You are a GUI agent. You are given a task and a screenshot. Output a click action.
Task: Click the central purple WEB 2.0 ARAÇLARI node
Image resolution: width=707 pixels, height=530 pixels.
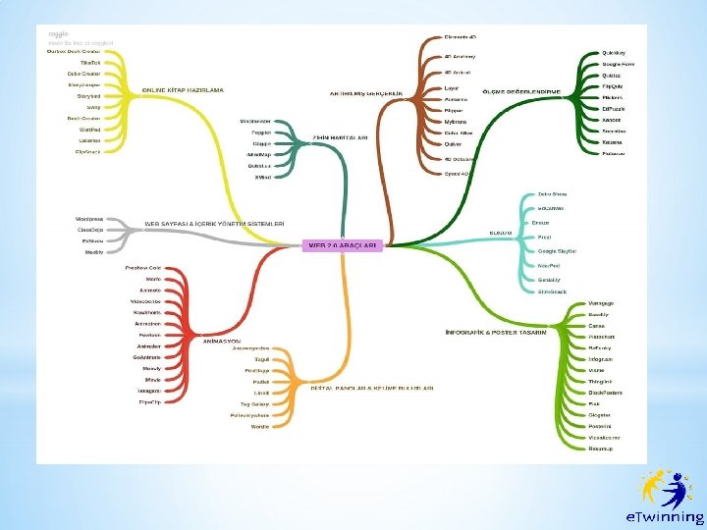coord(343,245)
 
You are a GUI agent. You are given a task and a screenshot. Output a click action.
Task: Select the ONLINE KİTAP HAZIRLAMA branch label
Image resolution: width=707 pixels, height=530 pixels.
coord(183,89)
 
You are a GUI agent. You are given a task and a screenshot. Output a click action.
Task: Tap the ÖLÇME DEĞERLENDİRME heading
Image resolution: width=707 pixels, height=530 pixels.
coord(521,91)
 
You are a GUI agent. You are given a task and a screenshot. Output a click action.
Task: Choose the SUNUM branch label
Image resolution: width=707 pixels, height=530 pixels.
coord(501,233)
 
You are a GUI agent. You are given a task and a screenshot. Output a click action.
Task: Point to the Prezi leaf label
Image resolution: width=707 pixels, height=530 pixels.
coord(543,237)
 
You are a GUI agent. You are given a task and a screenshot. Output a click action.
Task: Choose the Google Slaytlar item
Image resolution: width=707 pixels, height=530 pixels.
coord(557,251)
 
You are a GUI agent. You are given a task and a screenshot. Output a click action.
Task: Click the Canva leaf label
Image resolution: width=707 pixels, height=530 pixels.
coord(596,326)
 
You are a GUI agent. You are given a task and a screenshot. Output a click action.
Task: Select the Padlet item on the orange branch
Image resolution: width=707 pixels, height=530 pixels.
coord(261,382)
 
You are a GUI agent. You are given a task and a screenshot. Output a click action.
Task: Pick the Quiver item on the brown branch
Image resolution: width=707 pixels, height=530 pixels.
coord(454,143)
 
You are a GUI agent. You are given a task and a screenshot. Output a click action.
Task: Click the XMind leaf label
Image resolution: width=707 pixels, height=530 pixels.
coord(262,177)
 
